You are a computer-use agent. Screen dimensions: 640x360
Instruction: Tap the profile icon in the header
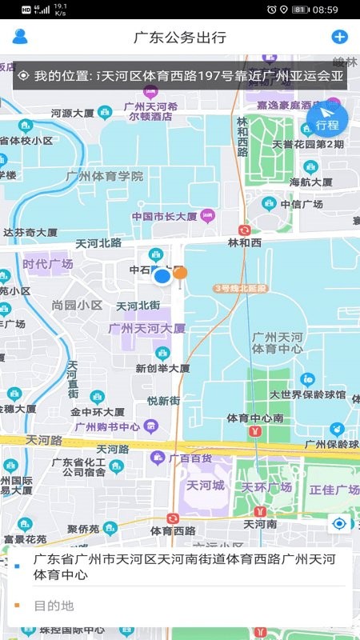[20, 37]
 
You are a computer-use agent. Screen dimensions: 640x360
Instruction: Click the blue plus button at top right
[339, 37]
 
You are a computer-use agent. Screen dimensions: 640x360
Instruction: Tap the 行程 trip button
[326, 120]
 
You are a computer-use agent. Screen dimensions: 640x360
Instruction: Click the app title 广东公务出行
[180, 38]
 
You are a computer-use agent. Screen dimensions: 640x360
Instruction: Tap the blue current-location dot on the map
[162, 277]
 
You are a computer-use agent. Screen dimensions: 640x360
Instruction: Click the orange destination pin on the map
[181, 274]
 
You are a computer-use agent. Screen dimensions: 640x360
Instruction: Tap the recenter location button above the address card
[340, 523]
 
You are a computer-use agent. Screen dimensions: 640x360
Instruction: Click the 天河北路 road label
[98, 242]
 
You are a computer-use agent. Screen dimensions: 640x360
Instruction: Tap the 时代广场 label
[48, 264]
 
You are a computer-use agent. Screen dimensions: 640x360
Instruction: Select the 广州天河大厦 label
[146, 328]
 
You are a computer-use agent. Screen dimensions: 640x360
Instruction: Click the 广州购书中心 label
[106, 426]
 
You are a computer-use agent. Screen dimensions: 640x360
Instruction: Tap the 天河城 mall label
[206, 486]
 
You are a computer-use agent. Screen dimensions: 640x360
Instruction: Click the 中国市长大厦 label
[164, 216]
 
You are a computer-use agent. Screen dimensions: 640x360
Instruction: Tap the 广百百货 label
[194, 458]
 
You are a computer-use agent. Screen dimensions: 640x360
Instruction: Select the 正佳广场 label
[334, 490]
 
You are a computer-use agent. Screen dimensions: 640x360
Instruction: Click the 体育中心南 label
[254, 418]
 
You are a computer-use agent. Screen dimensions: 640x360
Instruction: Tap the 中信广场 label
[306, 204]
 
